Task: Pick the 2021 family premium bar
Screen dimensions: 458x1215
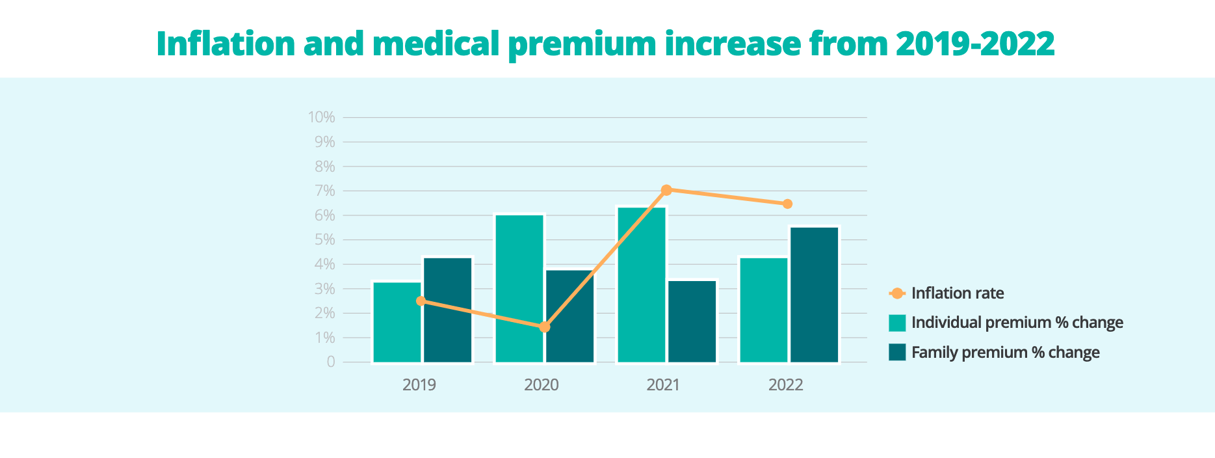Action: [x=692, y=321]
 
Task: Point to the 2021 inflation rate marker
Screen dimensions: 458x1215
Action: [x=666, y=190]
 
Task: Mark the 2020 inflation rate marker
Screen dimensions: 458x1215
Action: [x=545, y=327]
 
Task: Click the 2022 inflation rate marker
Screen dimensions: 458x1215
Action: [x=787, y=204]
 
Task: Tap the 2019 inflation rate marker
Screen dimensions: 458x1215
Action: [x=421, y=301]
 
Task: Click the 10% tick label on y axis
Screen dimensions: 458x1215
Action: [x=322, y=118]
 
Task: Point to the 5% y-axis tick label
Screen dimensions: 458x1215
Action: [x=324, y=240]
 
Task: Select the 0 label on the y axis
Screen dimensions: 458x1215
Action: [x=331, y=362]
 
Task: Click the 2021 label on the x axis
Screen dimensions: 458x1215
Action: [x=663, y=385]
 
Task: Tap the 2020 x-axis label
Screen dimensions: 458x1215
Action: [x=541, y=385]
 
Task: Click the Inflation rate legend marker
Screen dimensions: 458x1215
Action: [x=897, y=293]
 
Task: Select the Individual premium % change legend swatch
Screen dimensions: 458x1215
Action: [x=897, y=323]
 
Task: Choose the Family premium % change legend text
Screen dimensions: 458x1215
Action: [x=1005, y=353]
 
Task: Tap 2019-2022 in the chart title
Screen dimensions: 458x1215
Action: [x=974, y=44]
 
